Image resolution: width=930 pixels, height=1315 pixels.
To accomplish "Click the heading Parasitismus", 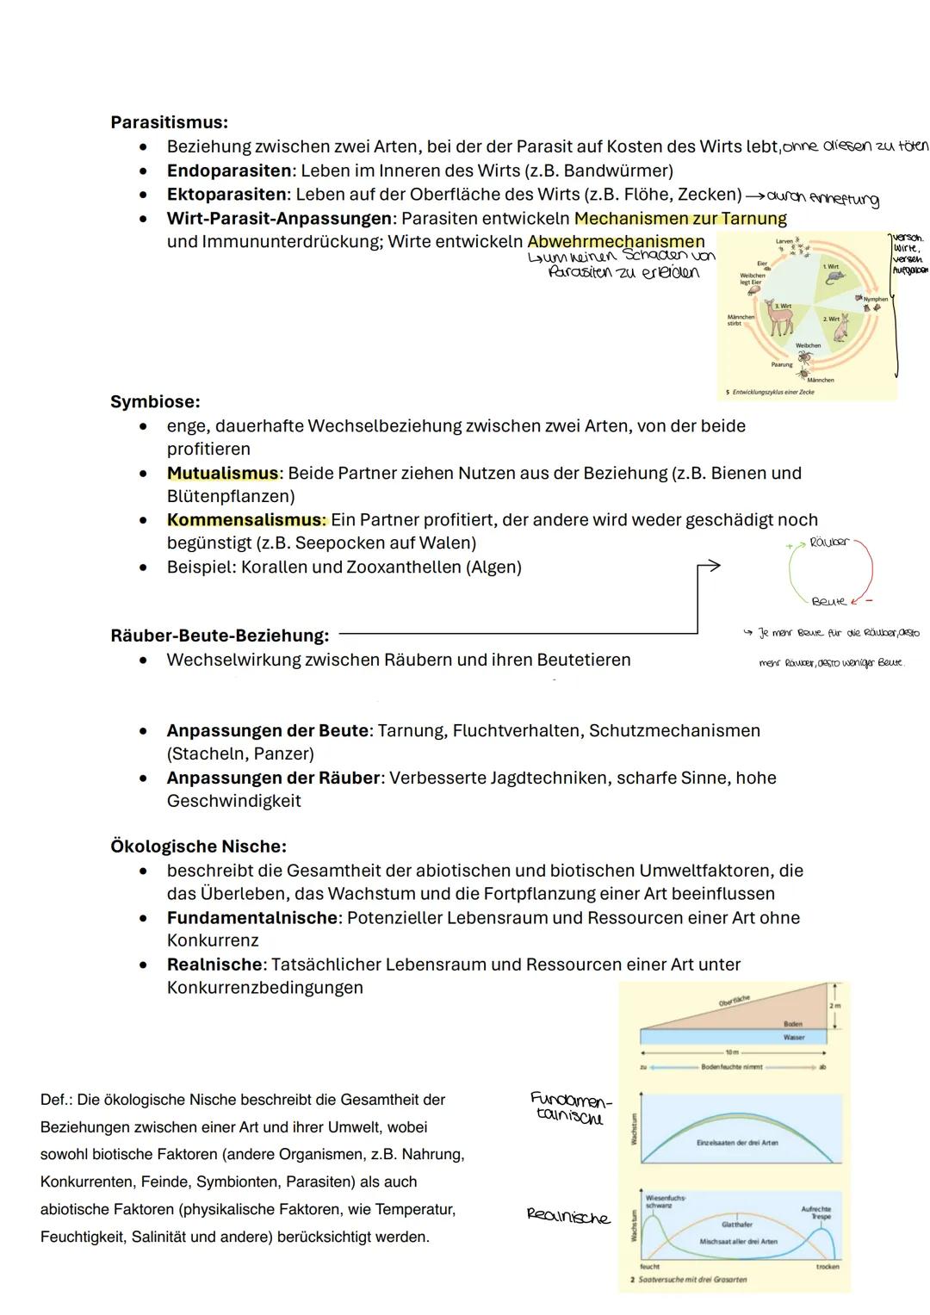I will coord(169,122).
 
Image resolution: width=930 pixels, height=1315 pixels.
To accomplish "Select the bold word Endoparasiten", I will coord(229,171).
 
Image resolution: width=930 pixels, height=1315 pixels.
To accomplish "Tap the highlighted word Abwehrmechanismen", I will coord(616,242).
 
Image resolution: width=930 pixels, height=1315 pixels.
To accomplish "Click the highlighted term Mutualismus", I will coord(223,473).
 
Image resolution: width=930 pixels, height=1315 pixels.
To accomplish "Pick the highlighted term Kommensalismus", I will coord(246,520).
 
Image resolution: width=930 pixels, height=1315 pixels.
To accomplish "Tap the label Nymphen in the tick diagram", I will coord(875,300).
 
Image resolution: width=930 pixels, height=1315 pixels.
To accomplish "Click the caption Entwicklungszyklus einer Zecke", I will coord(772,392).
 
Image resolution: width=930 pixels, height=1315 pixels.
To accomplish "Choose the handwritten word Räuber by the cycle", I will coord(829,543).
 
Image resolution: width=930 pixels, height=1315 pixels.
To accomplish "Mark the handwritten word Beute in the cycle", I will coord(828,601).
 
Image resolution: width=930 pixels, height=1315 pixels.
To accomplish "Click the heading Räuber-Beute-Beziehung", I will coord(220,636).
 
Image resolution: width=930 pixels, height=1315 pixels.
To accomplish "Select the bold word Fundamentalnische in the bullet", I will coord(252,918).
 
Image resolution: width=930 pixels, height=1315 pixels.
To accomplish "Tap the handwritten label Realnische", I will coord(568,1216).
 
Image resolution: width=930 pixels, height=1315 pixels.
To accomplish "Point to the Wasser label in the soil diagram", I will coord(793,1038).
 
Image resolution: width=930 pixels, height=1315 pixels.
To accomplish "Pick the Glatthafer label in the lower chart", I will coord(736,1224).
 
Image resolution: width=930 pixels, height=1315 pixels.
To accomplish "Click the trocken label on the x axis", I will coord(827,1267).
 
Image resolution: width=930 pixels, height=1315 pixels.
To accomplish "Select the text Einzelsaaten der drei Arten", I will coord(737,1143).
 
